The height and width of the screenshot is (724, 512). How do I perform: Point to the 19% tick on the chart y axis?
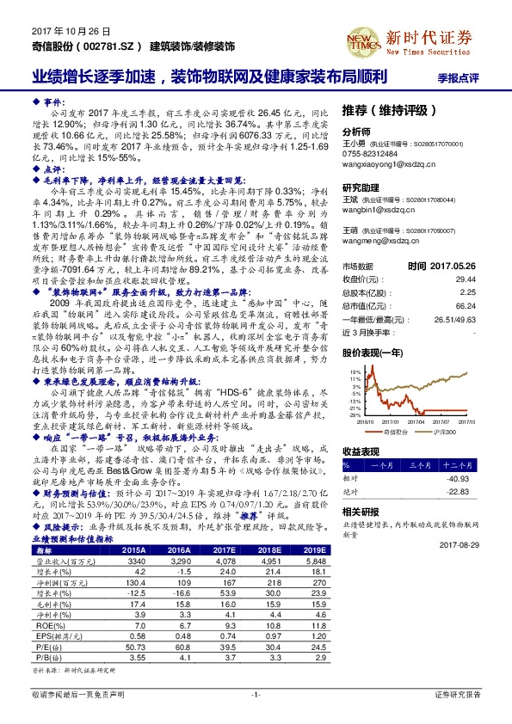[355, 371]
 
